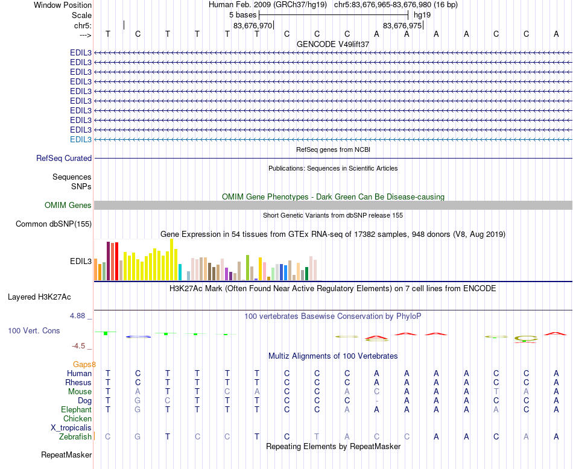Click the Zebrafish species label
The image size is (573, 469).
click(x=76, y=436)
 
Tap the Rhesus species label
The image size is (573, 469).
click(x=78, y=382)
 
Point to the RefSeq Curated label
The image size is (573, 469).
click(x=64, y=158)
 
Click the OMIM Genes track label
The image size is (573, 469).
click(x=68, y=206)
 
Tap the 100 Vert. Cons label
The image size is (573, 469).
click(x=34, y=331)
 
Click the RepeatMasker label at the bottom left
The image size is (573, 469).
click(x=66, y=455)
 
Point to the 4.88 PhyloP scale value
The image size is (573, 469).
click(x=79, y=315)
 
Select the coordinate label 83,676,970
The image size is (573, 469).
click(x=253, y=25)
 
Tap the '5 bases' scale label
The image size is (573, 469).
click(x=242, y=14)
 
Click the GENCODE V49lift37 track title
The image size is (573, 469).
click(x=333, y=44)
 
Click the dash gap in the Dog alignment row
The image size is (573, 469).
click(x=376, y=400)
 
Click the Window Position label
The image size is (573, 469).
click(x=63, y=5)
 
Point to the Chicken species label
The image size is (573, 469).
click(x=77, y=418)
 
